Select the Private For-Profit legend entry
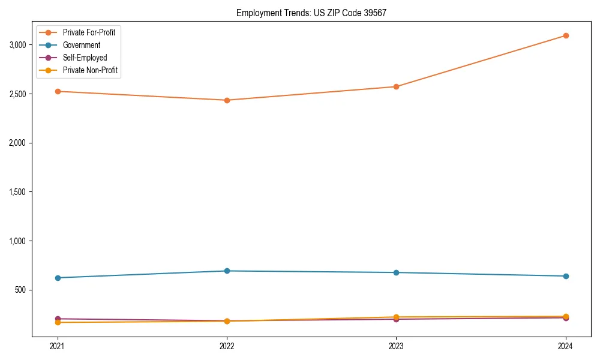pos(89,32)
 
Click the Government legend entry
pos(82,45)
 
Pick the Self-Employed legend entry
pos(85,58)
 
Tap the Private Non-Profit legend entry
pos(90,70)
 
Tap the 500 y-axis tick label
pos(21,290)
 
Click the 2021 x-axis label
pos(58,346)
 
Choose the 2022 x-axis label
pos(227,346)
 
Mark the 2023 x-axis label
pos(396,346)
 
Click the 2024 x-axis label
pos(566,346)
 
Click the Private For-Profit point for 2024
pos(566,35)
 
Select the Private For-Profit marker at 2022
pos(227,100)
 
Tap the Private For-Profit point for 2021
pos(58,91)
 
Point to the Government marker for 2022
pos(227,271)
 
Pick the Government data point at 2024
pos(566,276)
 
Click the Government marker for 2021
pos(58,278)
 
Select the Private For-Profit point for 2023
pos(396,86)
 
